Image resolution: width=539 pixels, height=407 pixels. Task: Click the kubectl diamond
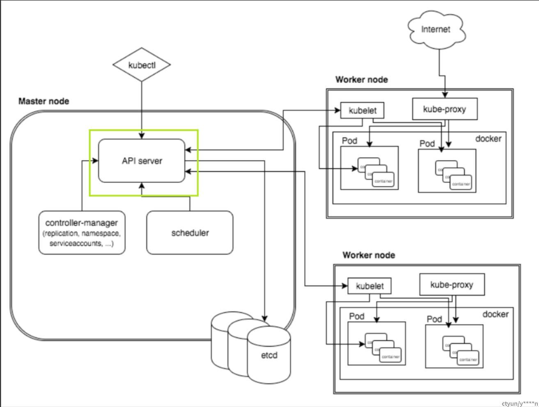142,65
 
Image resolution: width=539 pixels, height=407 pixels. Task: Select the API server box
142,161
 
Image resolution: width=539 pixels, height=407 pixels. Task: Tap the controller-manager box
82,232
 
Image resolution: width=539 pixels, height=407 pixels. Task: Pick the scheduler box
190,232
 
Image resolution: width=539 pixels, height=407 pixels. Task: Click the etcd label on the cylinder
269,355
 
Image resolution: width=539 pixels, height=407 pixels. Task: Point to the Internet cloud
436,29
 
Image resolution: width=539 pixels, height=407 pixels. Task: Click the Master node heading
44,101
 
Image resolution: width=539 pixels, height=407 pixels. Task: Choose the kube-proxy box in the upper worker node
444,109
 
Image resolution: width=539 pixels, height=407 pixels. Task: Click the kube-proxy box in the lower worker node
452,285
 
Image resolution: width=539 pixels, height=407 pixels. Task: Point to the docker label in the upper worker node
488,139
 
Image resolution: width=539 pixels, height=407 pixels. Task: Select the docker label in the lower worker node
495,314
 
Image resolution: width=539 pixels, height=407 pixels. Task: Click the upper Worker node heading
361,80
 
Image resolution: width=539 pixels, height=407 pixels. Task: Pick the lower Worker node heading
369,255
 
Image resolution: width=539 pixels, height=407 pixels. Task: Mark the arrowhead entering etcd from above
265,318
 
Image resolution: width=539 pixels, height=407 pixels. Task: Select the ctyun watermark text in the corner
519,403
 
